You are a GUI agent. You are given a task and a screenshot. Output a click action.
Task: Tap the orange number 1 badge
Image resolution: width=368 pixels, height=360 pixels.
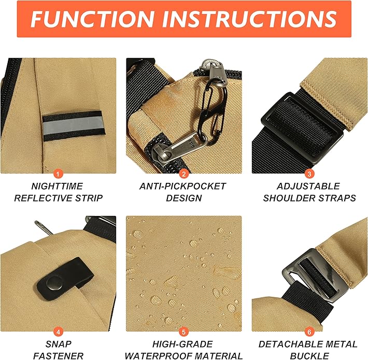coord(58,174)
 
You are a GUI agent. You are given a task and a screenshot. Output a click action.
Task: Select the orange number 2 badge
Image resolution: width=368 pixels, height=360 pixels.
coord(183,174)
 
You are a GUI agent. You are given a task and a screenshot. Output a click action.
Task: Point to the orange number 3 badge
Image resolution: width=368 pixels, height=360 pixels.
coord(309,174)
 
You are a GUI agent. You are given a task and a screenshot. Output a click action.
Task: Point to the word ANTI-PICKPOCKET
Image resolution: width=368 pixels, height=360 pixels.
coord(183,186)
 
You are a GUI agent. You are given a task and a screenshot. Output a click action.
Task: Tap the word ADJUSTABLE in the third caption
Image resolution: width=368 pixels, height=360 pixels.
coord(309,186)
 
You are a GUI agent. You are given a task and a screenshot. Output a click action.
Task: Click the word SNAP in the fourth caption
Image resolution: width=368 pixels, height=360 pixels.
coord(58,344)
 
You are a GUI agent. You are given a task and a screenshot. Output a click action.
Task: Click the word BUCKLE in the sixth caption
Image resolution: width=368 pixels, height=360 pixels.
coord(309,356)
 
